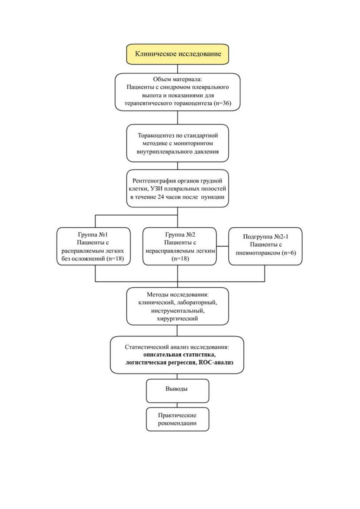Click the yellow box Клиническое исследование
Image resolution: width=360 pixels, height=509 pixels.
(x=177, y=54)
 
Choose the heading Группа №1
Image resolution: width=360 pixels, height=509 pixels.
(x=93, y=234)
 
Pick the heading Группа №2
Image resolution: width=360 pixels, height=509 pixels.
(x=180, y=234)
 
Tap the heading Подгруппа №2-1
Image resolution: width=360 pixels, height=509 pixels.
(x=266, y=236)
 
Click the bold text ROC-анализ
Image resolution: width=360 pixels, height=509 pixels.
(x=216, y=362)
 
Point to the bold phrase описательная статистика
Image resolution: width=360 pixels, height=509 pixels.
(x=179, y=354)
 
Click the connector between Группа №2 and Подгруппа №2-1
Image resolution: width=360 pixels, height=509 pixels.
(x=223, y=246)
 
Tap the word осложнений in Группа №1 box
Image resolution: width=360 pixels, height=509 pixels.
(x=88, y=258)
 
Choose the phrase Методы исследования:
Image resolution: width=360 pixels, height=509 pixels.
(x=177, y=294)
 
